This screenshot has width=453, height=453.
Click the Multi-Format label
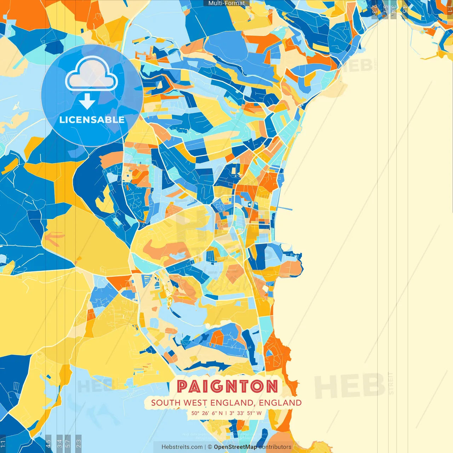226,3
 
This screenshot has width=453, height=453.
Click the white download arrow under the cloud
87,101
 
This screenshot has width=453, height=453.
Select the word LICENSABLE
92,120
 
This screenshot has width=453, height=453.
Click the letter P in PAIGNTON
183,386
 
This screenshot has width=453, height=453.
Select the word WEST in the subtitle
196,403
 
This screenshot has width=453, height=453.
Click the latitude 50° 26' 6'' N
207,413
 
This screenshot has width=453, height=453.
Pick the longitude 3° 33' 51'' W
246,413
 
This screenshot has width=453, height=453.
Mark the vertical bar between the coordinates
226,413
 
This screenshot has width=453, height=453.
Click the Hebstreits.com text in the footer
182,447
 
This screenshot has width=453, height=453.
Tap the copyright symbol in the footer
210,447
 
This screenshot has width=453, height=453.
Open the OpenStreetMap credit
235,447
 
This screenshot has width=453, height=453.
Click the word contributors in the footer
275,447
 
